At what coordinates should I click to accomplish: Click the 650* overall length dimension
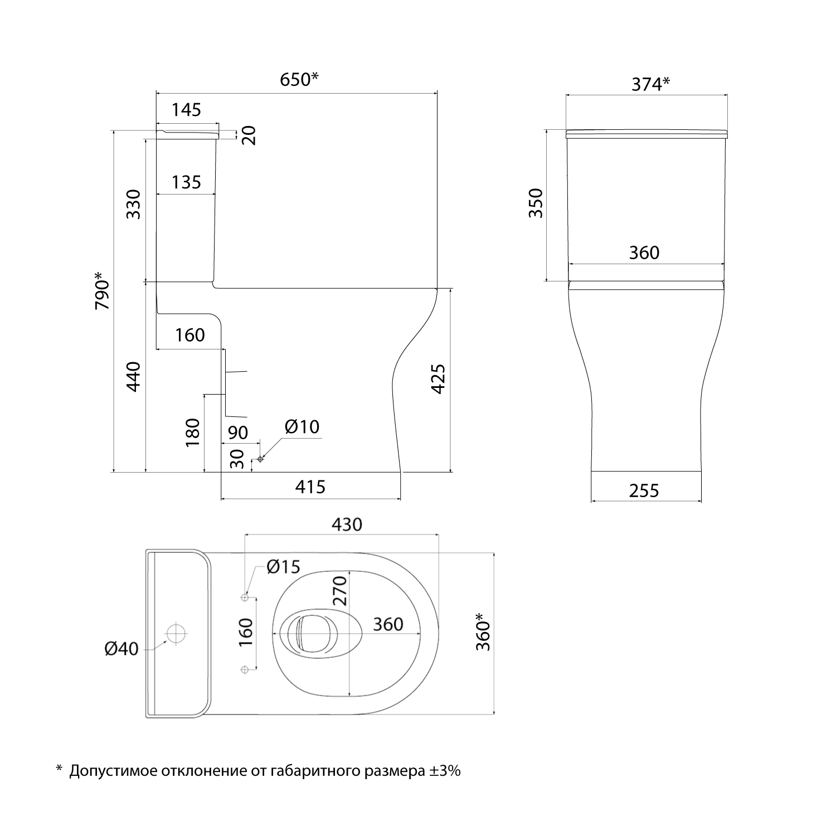[299, 80]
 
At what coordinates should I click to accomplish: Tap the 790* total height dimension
[103, 291]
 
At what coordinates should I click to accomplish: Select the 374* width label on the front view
[650, 84]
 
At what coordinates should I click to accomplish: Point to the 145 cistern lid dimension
[186, 110]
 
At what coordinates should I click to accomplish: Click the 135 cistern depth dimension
[186, 182]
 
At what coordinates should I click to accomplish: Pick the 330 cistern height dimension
[134, 204]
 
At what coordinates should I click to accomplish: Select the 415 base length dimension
[310, 487]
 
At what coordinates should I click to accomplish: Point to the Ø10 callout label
[302, 427]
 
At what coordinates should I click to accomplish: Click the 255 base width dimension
[644, 490]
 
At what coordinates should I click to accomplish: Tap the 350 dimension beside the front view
[535, 203]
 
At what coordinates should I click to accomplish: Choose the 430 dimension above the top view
[347, 524]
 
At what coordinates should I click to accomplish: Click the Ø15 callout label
[283, 567]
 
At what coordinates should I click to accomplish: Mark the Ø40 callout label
[121, 649]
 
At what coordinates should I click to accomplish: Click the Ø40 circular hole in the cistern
[176, 634]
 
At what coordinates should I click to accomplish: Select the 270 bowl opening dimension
[341, 591]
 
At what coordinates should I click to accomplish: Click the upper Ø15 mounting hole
[244, 597]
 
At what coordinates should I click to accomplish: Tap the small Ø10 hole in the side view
[260, 459]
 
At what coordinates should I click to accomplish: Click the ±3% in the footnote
[445, 771]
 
